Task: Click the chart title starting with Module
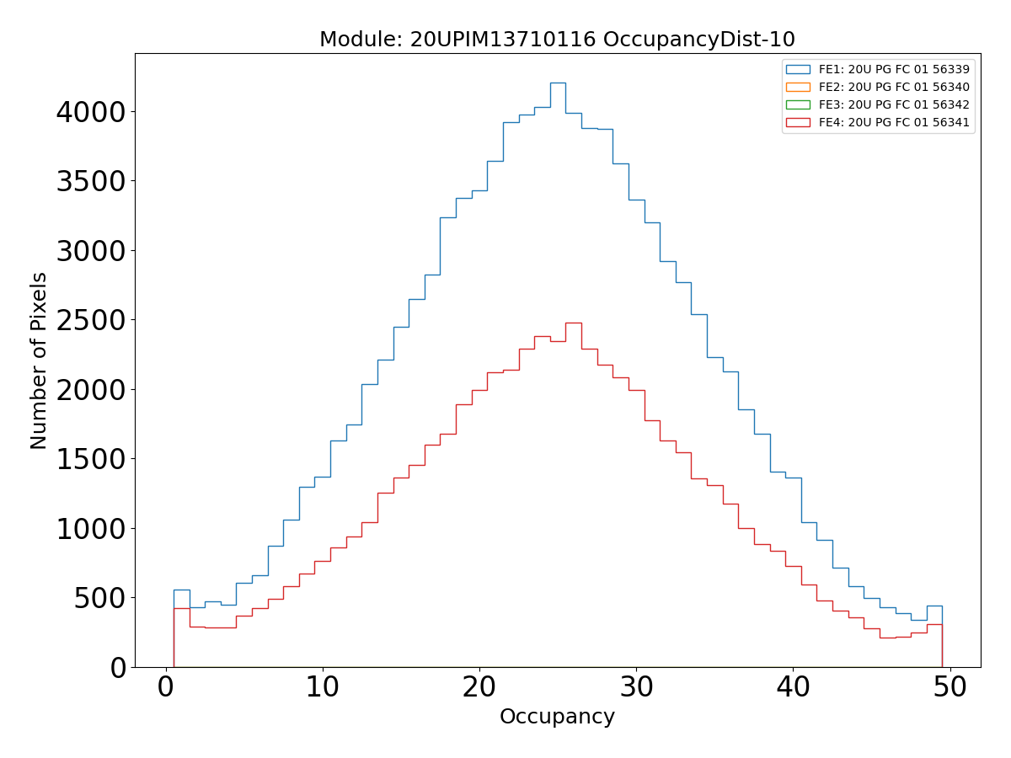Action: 557,40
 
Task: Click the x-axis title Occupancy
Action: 557,717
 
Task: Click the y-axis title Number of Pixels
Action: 39,360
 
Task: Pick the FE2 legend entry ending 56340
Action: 894,87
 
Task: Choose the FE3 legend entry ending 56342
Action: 894,104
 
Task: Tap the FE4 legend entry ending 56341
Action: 894,122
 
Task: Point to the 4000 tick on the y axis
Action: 90,112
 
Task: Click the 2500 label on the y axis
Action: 90,321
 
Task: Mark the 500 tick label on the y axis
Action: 101,599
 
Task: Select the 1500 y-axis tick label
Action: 90,460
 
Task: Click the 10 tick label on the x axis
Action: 322,687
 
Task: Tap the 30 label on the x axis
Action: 636,687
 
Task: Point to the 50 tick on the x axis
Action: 950,687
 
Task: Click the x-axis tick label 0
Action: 165,687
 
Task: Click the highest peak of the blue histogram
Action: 558,83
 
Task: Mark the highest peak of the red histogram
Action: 573,323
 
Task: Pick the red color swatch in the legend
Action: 797,122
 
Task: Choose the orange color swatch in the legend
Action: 797,87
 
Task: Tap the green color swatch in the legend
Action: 797,104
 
